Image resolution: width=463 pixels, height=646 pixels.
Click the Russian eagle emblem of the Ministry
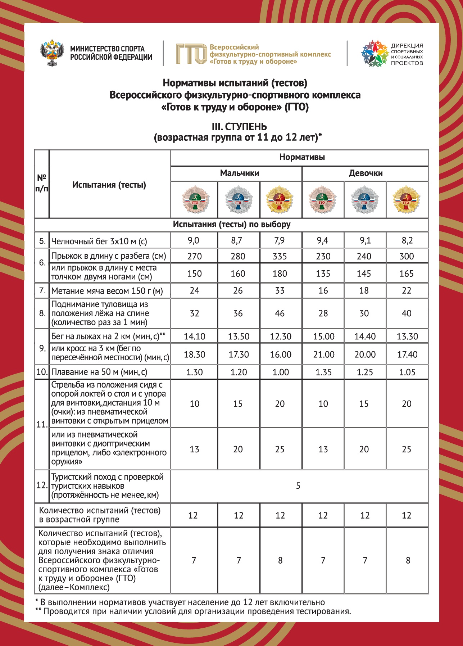[52, 53]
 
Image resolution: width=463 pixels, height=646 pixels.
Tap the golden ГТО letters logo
[191, 54]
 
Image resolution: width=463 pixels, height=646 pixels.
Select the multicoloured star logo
[375, 54]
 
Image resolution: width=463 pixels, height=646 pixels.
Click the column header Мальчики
[239, 173]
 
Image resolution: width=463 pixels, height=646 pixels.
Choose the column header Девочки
[366, 173]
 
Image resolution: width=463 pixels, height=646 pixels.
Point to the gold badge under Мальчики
[280, 200]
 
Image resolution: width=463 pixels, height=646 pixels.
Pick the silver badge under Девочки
[364, 200]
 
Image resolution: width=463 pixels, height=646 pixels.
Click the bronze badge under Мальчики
[195, 200]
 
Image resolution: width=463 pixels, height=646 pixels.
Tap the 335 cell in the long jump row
[280, 256]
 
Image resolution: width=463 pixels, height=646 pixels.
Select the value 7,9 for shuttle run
[280, 240]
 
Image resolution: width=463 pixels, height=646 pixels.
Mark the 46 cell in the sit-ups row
[280, 313]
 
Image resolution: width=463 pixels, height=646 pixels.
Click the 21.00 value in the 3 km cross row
[323, 354]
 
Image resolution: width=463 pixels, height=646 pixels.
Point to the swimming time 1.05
[407, 372]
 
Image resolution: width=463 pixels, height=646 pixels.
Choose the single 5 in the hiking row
[298, 486]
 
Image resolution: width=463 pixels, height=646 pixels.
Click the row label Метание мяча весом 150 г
[107, 291]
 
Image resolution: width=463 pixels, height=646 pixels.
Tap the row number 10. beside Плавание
[42, 372]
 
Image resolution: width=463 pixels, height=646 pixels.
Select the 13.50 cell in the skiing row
[239, 336]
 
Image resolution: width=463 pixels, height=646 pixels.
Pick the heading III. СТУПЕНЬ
[239, 127]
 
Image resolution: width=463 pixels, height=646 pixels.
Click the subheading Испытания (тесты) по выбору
[231, 224]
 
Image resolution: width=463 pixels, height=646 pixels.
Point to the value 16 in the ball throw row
[323, 290]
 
